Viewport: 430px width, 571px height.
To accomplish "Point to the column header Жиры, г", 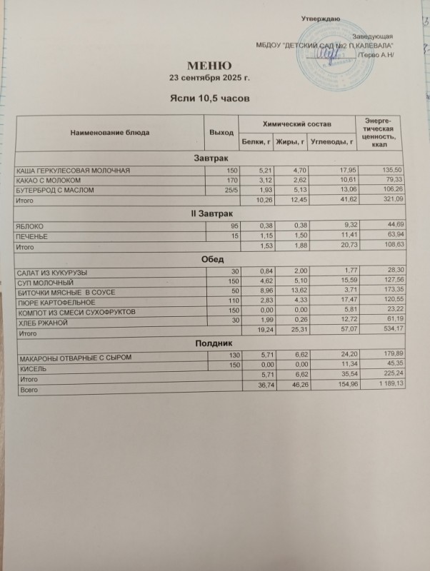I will click(x=293, y=143).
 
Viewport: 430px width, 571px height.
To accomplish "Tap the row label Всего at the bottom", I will click(x=29, y=391).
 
